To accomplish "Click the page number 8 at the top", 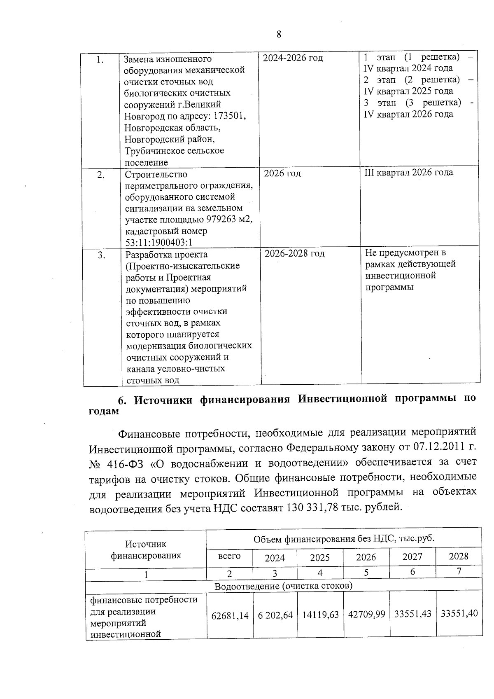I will pyautogui.click(x=279, y=35).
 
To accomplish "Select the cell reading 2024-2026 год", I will pyautogui.click(x=293, y=58).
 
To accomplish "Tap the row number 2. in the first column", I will pyautogui.click(x=100, y=175).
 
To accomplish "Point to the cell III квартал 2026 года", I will pyautogui.click(x=408, y=173).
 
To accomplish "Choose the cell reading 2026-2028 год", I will pyautogui.click(x=294, y=253).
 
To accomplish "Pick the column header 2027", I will pyautogui.click(x=412, y=557).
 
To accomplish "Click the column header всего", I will pyautogui.click(x=229, y=556).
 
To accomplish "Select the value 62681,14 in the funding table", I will pyautogui.click(x=230, y=615).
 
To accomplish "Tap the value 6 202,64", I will pyautogui.click(x=275, y=615).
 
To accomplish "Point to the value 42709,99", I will pyautogui.click(x=366, y=615).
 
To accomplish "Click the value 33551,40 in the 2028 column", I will pyautogui.click(x=459, y=614).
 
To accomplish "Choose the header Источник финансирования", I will pyautogui.click(x=146, y=550).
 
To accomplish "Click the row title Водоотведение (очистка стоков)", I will pyautogui.click(x=283, y=585).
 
